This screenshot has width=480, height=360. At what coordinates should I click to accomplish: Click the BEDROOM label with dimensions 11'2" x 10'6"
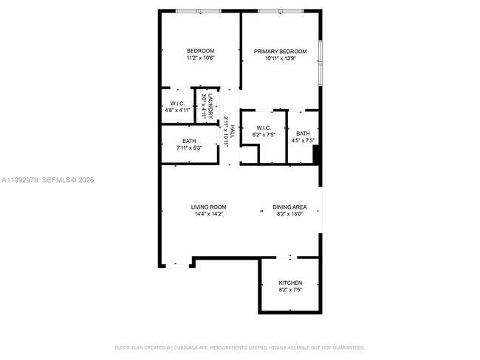tap(200, 51)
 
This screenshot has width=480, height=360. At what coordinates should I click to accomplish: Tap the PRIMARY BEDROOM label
tap(280, 51)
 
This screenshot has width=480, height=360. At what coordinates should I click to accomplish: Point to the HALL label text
tap(232, 131)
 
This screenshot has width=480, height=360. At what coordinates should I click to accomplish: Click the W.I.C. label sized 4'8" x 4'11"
tap(177, 103)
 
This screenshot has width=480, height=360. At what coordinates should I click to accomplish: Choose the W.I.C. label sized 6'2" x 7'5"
tap(263, 128)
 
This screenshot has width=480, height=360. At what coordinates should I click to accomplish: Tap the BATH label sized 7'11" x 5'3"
tap(189, 141)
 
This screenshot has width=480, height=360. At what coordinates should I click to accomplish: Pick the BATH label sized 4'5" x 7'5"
tap(303, 134)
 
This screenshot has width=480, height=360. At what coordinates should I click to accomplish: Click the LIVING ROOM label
tap(208, 207)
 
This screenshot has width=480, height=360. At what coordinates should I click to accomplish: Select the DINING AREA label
tap(289, 207)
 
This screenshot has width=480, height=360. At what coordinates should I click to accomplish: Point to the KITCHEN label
tap(289, 283)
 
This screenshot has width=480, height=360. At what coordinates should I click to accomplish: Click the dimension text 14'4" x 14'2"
tap(208, 215)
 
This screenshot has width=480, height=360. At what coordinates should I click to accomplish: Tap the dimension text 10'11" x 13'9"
tap(280, 58)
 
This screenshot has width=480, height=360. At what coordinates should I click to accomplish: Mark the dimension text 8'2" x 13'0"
tap(289, 215)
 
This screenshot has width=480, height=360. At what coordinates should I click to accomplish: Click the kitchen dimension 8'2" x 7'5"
tap(289, 290)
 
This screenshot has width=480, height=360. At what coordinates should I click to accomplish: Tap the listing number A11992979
tap(18, 179)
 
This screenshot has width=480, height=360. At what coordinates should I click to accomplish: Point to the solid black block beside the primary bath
tap(316, 155)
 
